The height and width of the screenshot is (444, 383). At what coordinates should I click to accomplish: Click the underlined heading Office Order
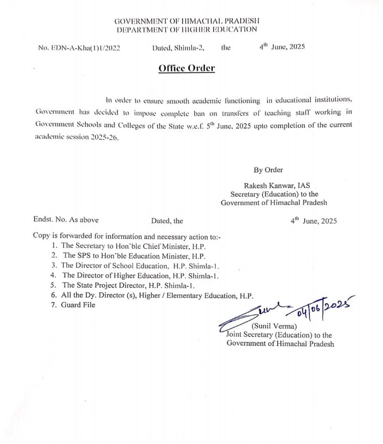tap(186, 69)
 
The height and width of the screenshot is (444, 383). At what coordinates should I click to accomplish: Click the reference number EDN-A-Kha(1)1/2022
tap(79, 48)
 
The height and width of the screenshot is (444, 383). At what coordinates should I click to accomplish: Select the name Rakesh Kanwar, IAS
tap(280, 186)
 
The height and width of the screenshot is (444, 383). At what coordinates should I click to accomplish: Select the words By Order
tap(268, 170)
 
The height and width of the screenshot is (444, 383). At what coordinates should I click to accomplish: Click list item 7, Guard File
tap(78, 305)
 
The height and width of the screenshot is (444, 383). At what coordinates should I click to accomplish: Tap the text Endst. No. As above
tap(66, 220)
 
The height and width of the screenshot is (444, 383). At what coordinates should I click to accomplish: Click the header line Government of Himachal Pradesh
tap(187, 21)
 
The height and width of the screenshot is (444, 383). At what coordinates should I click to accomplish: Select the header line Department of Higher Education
tap(187, 29)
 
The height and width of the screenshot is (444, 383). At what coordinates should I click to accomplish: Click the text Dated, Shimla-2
tap(178, 48)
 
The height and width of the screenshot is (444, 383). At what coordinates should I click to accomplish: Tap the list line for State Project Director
tap(129, 285)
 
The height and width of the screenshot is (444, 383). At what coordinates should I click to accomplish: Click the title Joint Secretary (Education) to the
tap(279, 335)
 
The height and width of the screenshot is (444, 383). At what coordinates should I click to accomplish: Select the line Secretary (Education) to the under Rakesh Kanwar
tap(274, 194)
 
